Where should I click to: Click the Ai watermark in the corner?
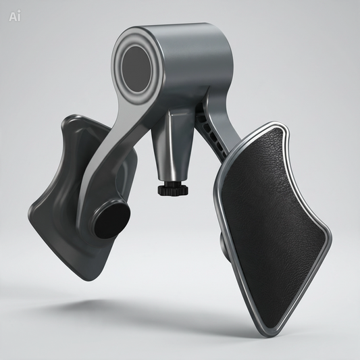pos(15,16)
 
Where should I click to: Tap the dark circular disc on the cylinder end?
pos(136,69)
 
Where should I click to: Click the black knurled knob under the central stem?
pos(173,190)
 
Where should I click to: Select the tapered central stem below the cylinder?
pos(172,147)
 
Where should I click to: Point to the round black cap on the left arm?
pos(113,221)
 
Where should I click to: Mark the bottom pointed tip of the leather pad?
pos(269,335)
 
